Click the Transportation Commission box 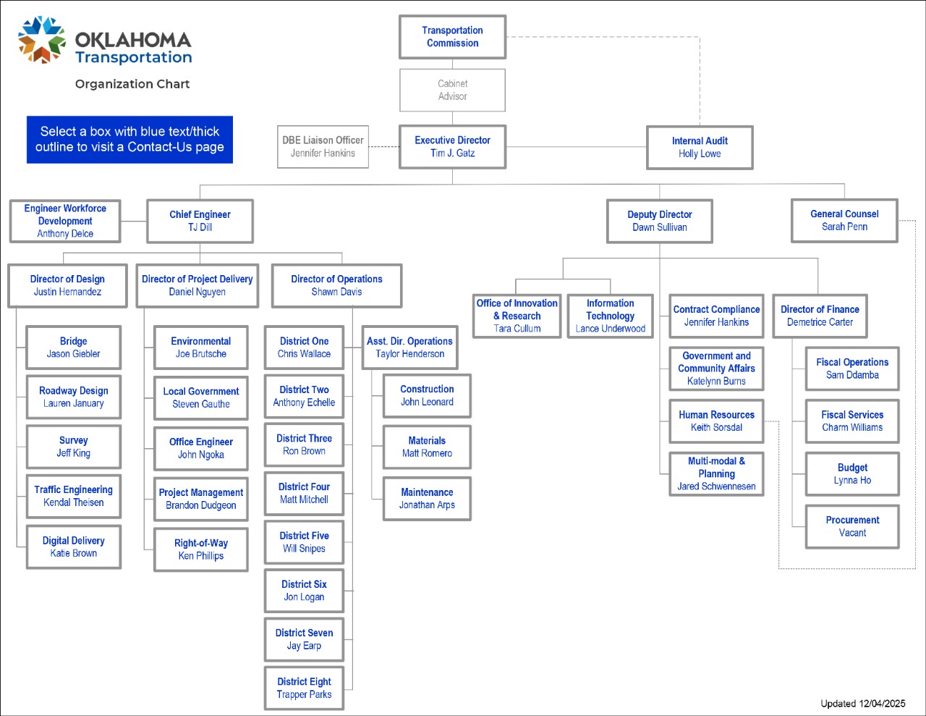pyautogui.click(x=452, y=37)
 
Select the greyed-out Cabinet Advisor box pyautogui.click(x=452, y=90)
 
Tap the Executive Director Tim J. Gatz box pyautogui.click(x=452, y=147)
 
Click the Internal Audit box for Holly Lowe pyautogui.click(x=700, y=148)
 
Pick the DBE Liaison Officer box pyautogui.click(x=323, y=147)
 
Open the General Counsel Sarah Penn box pyautogui.click(x=844, y=221)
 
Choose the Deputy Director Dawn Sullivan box pyautogui.click(x=660, y=221)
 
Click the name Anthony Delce pyautogui.click(x=65, y=234)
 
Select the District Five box pyautogui.click(x=304, y=542)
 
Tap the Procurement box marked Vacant pyautogui.click(x=852, y=526)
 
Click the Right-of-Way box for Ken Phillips pyautogui.click(x=201, y=549)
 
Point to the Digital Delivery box pyautogui.click(x=73, y=547)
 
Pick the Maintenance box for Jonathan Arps pyautogui.click(x=427, y=499)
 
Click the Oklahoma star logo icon pyautogui.click(x=42, y=41)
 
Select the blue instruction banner pyautogui.click(x=129, y=139)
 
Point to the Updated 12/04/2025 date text pyautogui.click(x=862, y=704)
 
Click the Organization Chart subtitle pyautogui.click(x=132, y=84)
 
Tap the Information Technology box pyautogui.click(x=610, y=316)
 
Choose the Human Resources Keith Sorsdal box pyautogui.click(x=716, y=421)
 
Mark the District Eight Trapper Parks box pyautogui.click(x=304, y=688)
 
